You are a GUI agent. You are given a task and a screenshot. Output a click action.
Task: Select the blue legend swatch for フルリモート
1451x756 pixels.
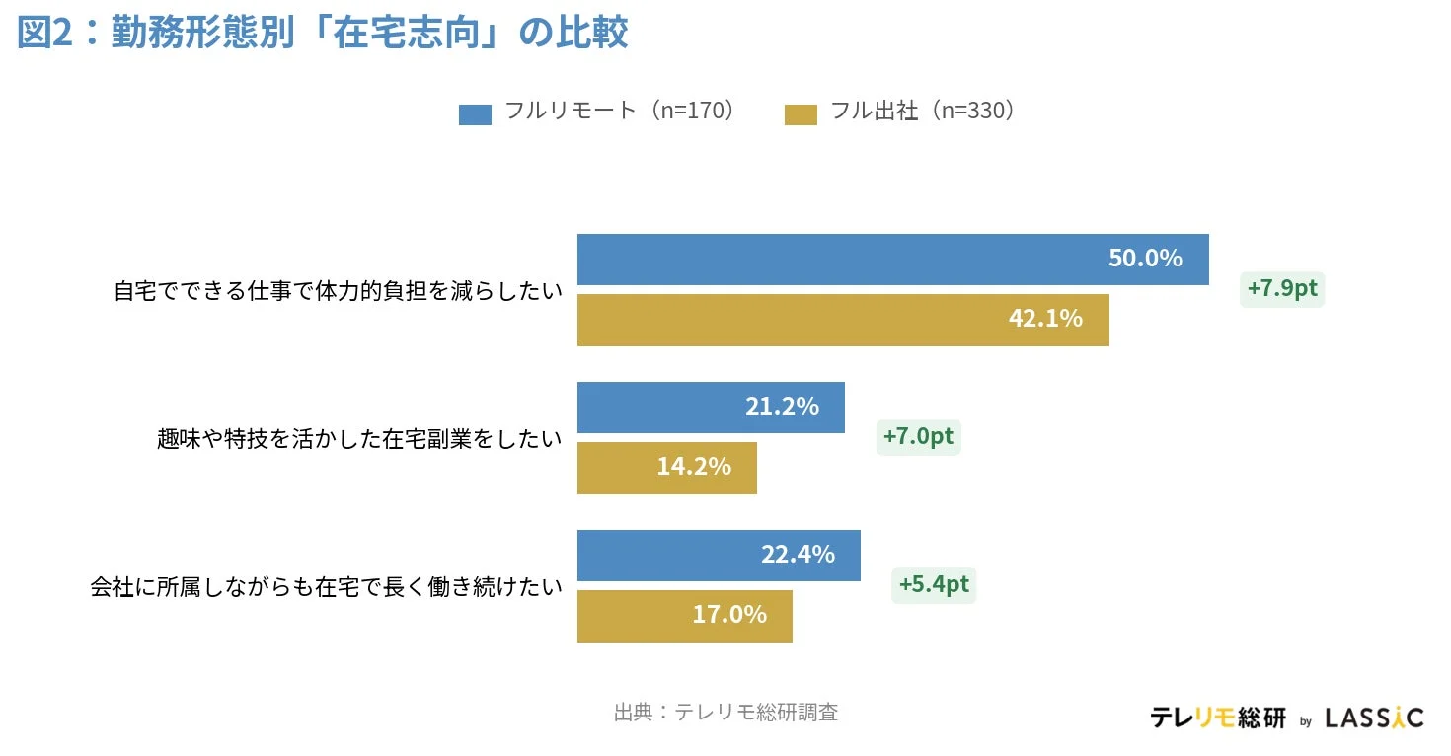(475, 113)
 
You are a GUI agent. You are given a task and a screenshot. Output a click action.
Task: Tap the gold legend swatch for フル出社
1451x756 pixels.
(801, 113)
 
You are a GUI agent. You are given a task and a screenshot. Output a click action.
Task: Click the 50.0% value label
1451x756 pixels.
(1145, 259)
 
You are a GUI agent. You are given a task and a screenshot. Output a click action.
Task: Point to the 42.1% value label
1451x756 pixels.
(1045, 319)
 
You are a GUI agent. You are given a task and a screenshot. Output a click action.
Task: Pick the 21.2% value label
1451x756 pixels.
(782, 407)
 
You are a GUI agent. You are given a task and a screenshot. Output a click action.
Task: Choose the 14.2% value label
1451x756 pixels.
(694, 467)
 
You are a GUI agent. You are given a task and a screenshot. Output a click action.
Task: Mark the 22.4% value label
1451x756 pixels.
(798, 555)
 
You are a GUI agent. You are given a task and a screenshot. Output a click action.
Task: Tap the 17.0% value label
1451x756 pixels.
(729, 615)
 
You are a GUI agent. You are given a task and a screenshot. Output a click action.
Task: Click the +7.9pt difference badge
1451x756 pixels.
(1282, 289)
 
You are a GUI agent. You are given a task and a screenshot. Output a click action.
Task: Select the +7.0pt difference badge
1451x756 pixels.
(918, 437)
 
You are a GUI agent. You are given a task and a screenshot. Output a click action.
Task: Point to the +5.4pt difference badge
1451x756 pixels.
(934, 585)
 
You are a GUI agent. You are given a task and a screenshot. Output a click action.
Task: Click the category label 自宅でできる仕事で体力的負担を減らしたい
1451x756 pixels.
(338, 291)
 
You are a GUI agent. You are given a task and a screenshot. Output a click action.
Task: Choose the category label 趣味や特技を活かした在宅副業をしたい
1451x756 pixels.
(359, 438)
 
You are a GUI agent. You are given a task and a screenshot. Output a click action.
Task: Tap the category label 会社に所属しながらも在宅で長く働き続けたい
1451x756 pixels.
(327, 587)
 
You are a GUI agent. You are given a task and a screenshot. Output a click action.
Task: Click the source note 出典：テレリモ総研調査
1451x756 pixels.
(725, 713)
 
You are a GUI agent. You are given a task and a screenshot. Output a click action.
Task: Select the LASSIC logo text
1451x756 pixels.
(1374, 718)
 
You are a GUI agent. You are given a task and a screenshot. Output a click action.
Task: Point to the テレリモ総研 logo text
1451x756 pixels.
(1218, 718)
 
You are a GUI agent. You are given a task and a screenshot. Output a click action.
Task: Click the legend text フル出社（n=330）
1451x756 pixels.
(924, 112)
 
